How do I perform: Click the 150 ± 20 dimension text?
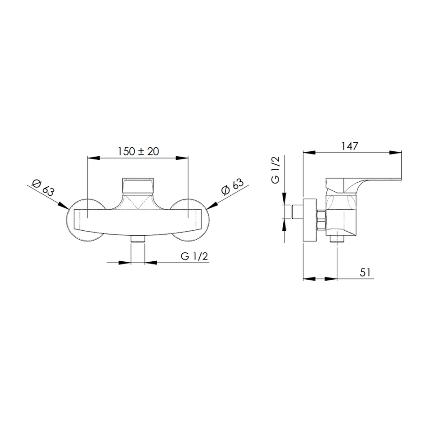138,151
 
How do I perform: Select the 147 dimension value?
350,146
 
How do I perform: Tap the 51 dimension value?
365,273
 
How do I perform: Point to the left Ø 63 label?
43,187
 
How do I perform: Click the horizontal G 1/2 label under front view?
194,256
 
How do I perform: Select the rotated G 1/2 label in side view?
275,170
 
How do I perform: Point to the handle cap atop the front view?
138,185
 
